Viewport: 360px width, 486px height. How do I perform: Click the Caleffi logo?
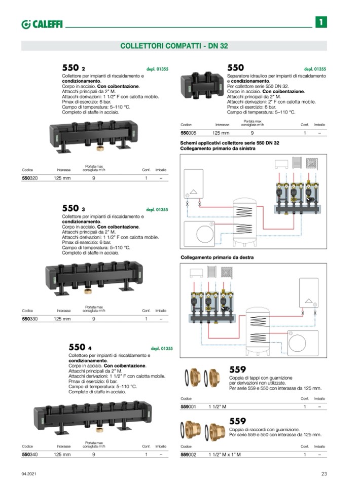[x=42, y=24]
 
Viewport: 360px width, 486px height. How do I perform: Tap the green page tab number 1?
[x=321, y=22]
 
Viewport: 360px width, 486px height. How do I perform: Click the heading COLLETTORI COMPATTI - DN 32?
[x=174, y=46]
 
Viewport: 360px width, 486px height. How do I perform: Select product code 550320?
[x=30, y=178]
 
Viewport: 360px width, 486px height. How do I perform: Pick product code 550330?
[x=30, y=319]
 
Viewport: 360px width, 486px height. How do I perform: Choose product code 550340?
[x=30, y=455]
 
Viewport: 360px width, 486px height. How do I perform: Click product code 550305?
[x=189, y=133]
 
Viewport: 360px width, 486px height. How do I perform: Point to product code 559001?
[x=189, y=406]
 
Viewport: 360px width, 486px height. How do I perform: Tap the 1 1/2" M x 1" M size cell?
[x=225, y=455]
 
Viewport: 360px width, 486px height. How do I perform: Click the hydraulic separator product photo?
[x=202, y=86]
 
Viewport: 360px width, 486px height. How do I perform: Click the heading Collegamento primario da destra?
[x=217, y=257]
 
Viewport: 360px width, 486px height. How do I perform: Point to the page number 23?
[x=324, y=474]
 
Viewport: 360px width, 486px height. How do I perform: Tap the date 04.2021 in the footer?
[x=29, y=474]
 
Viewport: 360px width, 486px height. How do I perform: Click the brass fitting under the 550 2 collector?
[x=100, y=148]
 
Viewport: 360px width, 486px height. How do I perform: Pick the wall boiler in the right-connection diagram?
[x=308, y=293]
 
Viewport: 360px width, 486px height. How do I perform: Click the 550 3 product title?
[x=74, y=208]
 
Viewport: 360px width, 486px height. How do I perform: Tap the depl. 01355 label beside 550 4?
[x=162, y=348]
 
